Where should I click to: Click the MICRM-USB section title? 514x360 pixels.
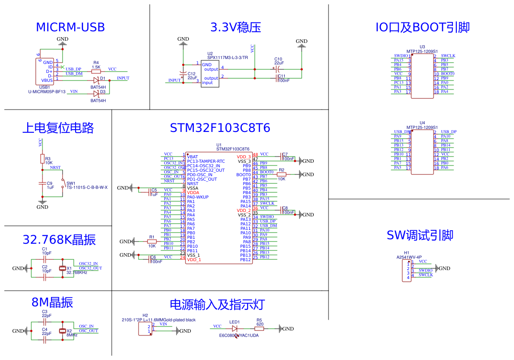click(x=70, y=27)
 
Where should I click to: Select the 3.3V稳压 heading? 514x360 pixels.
click(x=236, y=27)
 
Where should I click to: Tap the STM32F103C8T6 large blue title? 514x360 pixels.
click(x=220, y=128)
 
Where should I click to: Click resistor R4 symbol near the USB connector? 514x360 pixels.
click(x=96, y=72)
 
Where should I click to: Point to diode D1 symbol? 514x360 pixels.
click(x=96, y=80)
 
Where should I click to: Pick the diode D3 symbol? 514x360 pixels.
click(x=96, y=93)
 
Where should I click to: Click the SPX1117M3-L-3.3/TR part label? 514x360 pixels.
click(x=228, y=58)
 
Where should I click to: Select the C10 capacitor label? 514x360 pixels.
click(x=278, y=59)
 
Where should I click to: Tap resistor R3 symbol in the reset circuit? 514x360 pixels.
click(x=42, y=159)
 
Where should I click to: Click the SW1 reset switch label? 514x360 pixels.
click(x=71, y=183)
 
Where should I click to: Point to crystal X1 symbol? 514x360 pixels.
click(x=63, y=268)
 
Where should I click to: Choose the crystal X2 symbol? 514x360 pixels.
click(x=63, y=331)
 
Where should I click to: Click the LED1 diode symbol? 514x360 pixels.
click(x=234, y=329)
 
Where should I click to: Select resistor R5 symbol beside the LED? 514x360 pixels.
click(x=259, y=329)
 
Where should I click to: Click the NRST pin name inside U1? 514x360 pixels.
click(x=193, y=184)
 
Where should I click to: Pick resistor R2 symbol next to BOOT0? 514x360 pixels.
click(x=282, y=175)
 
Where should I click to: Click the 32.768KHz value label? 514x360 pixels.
click(x=77, y=272)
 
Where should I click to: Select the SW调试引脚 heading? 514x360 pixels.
click(x=420, y=236)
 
